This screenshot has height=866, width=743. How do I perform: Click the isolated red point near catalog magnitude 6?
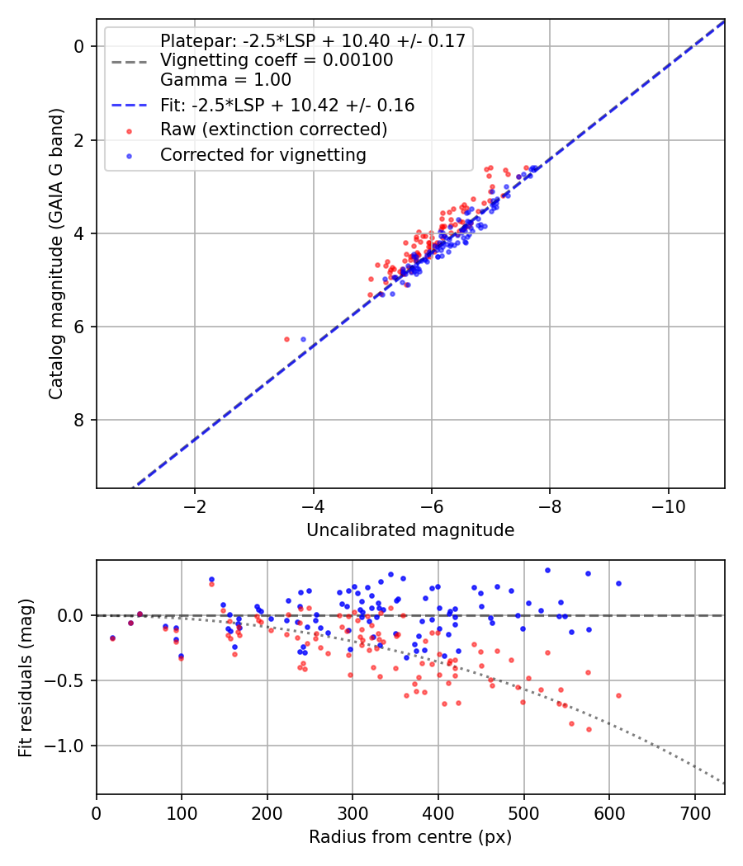pos(286,339)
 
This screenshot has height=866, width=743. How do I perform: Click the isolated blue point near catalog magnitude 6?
pos(303,339)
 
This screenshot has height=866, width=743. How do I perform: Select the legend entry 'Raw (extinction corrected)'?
pos(273,129)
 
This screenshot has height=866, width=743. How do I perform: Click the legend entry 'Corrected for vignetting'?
pos(263,155)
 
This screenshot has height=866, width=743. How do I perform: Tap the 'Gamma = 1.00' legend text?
pos(225,79)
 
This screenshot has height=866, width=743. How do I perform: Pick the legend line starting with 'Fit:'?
pos(287,105)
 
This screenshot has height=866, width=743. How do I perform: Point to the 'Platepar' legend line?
pos(313,40)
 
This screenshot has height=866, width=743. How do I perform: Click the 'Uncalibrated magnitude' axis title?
pos(410,530)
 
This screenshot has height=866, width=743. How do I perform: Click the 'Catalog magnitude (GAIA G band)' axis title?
pos(55,253)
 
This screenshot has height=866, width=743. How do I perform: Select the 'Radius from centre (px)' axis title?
pos(410,837)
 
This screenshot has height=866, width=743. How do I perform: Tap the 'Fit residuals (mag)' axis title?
pos(26,678)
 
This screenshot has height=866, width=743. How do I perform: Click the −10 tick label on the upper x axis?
pos(668,506)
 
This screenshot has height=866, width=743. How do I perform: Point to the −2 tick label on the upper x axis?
pos(194,506)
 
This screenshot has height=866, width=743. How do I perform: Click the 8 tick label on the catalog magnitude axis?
pos(79,420)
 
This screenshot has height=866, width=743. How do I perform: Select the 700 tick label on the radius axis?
pos(694,813)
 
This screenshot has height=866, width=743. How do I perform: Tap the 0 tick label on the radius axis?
pos(97,813)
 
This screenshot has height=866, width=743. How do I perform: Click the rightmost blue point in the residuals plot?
pos(618,583)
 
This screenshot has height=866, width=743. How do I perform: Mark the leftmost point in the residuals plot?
pos(113,638)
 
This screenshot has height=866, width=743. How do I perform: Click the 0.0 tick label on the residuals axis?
pos(71,615)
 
